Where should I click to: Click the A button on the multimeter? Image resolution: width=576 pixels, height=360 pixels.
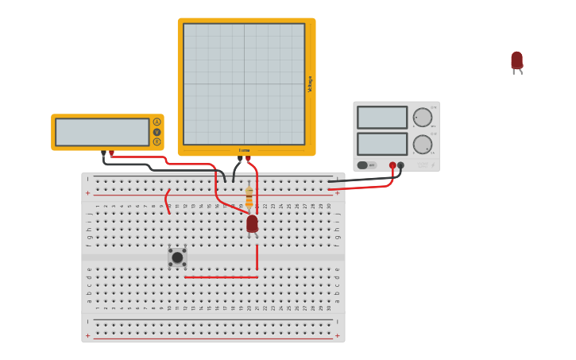click(157, 122)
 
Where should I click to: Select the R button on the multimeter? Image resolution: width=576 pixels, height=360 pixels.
click(157, 142)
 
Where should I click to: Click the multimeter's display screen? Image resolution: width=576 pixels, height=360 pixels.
click(102, 132)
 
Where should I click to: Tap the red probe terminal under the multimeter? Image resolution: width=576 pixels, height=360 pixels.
click(111, 153)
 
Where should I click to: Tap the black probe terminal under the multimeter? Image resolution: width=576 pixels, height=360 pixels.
click(103, 153)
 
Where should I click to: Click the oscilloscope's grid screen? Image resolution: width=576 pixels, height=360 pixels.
click(244, 83)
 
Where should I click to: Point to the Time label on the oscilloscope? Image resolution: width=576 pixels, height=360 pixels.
click(245, 150)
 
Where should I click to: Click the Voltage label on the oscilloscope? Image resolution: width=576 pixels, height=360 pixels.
click(310, 83)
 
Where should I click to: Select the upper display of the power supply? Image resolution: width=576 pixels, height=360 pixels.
click(382, 118)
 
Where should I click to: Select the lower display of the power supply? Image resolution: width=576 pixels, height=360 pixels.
click(382, 144)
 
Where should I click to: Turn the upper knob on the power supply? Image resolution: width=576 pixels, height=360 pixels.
click(423, 118)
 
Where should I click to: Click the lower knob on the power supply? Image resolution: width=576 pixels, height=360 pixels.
click(423, 145)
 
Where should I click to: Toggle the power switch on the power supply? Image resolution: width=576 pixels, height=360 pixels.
click(363, 165)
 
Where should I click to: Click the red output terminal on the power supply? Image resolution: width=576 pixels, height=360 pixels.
click(392, 165)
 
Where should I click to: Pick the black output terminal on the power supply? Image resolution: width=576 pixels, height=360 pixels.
click(400, 165)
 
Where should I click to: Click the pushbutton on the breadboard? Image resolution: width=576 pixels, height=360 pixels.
click(177, 257)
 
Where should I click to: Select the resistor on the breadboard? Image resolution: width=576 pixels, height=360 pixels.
click(249, 196)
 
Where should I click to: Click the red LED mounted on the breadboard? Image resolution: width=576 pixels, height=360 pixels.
click(252, 224)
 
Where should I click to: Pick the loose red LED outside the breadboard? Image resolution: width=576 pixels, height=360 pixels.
click(516, 61)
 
